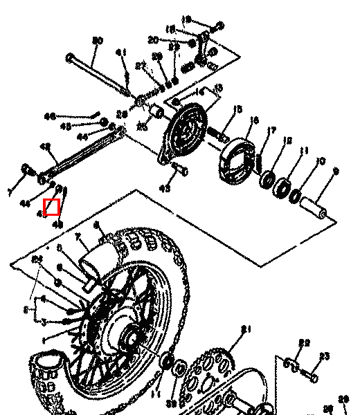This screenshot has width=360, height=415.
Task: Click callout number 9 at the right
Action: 336,171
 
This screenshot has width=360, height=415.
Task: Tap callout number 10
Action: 319,161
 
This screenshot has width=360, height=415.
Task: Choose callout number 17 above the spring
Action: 272,130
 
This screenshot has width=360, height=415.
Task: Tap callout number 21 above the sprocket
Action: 244,329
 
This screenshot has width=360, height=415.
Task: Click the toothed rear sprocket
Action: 208,373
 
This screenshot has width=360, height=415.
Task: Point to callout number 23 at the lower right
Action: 324,357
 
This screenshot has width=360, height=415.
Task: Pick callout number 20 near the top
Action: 153,40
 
